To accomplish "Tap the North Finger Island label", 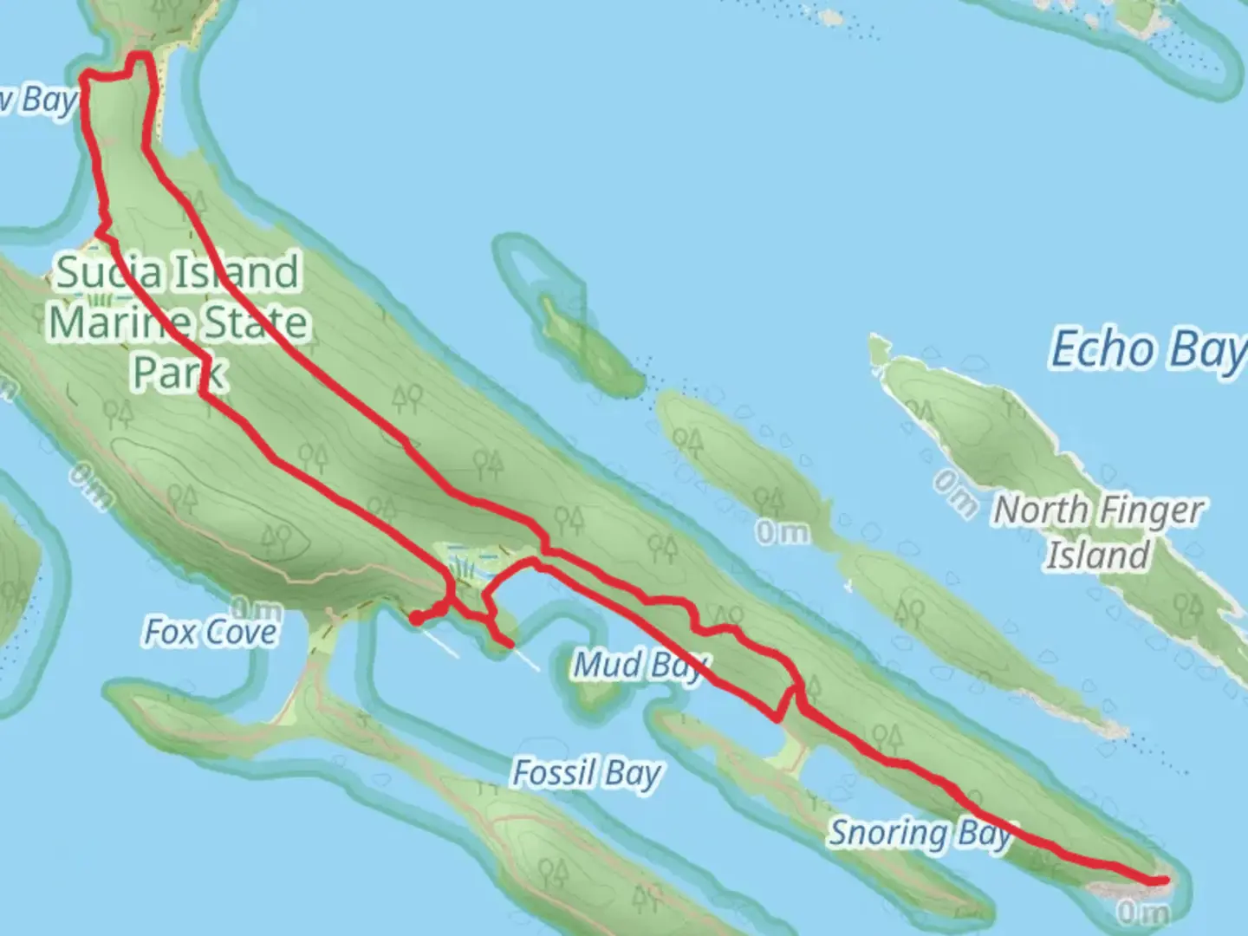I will [x=1098, y=531].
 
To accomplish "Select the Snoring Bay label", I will [x=920, y=834].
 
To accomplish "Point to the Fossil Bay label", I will [x=587, y=773].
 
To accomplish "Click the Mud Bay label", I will [x=640, y=666].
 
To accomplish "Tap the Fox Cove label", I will [x=211, y=633].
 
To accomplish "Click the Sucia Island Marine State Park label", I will [x=178, y=322].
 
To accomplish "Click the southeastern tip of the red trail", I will [x=1164, y=880].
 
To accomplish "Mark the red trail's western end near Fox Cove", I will [x=415, y=618].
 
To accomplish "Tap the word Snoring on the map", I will [x=888, y=834].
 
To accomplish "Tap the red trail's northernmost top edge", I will [x=139, y=56].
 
